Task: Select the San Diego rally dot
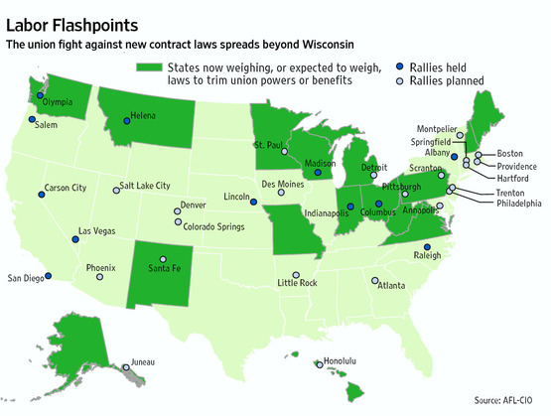click(x=49, y=277)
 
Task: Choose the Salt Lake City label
click(x=144, y=186)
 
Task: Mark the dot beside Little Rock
click(x=295, y=275)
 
